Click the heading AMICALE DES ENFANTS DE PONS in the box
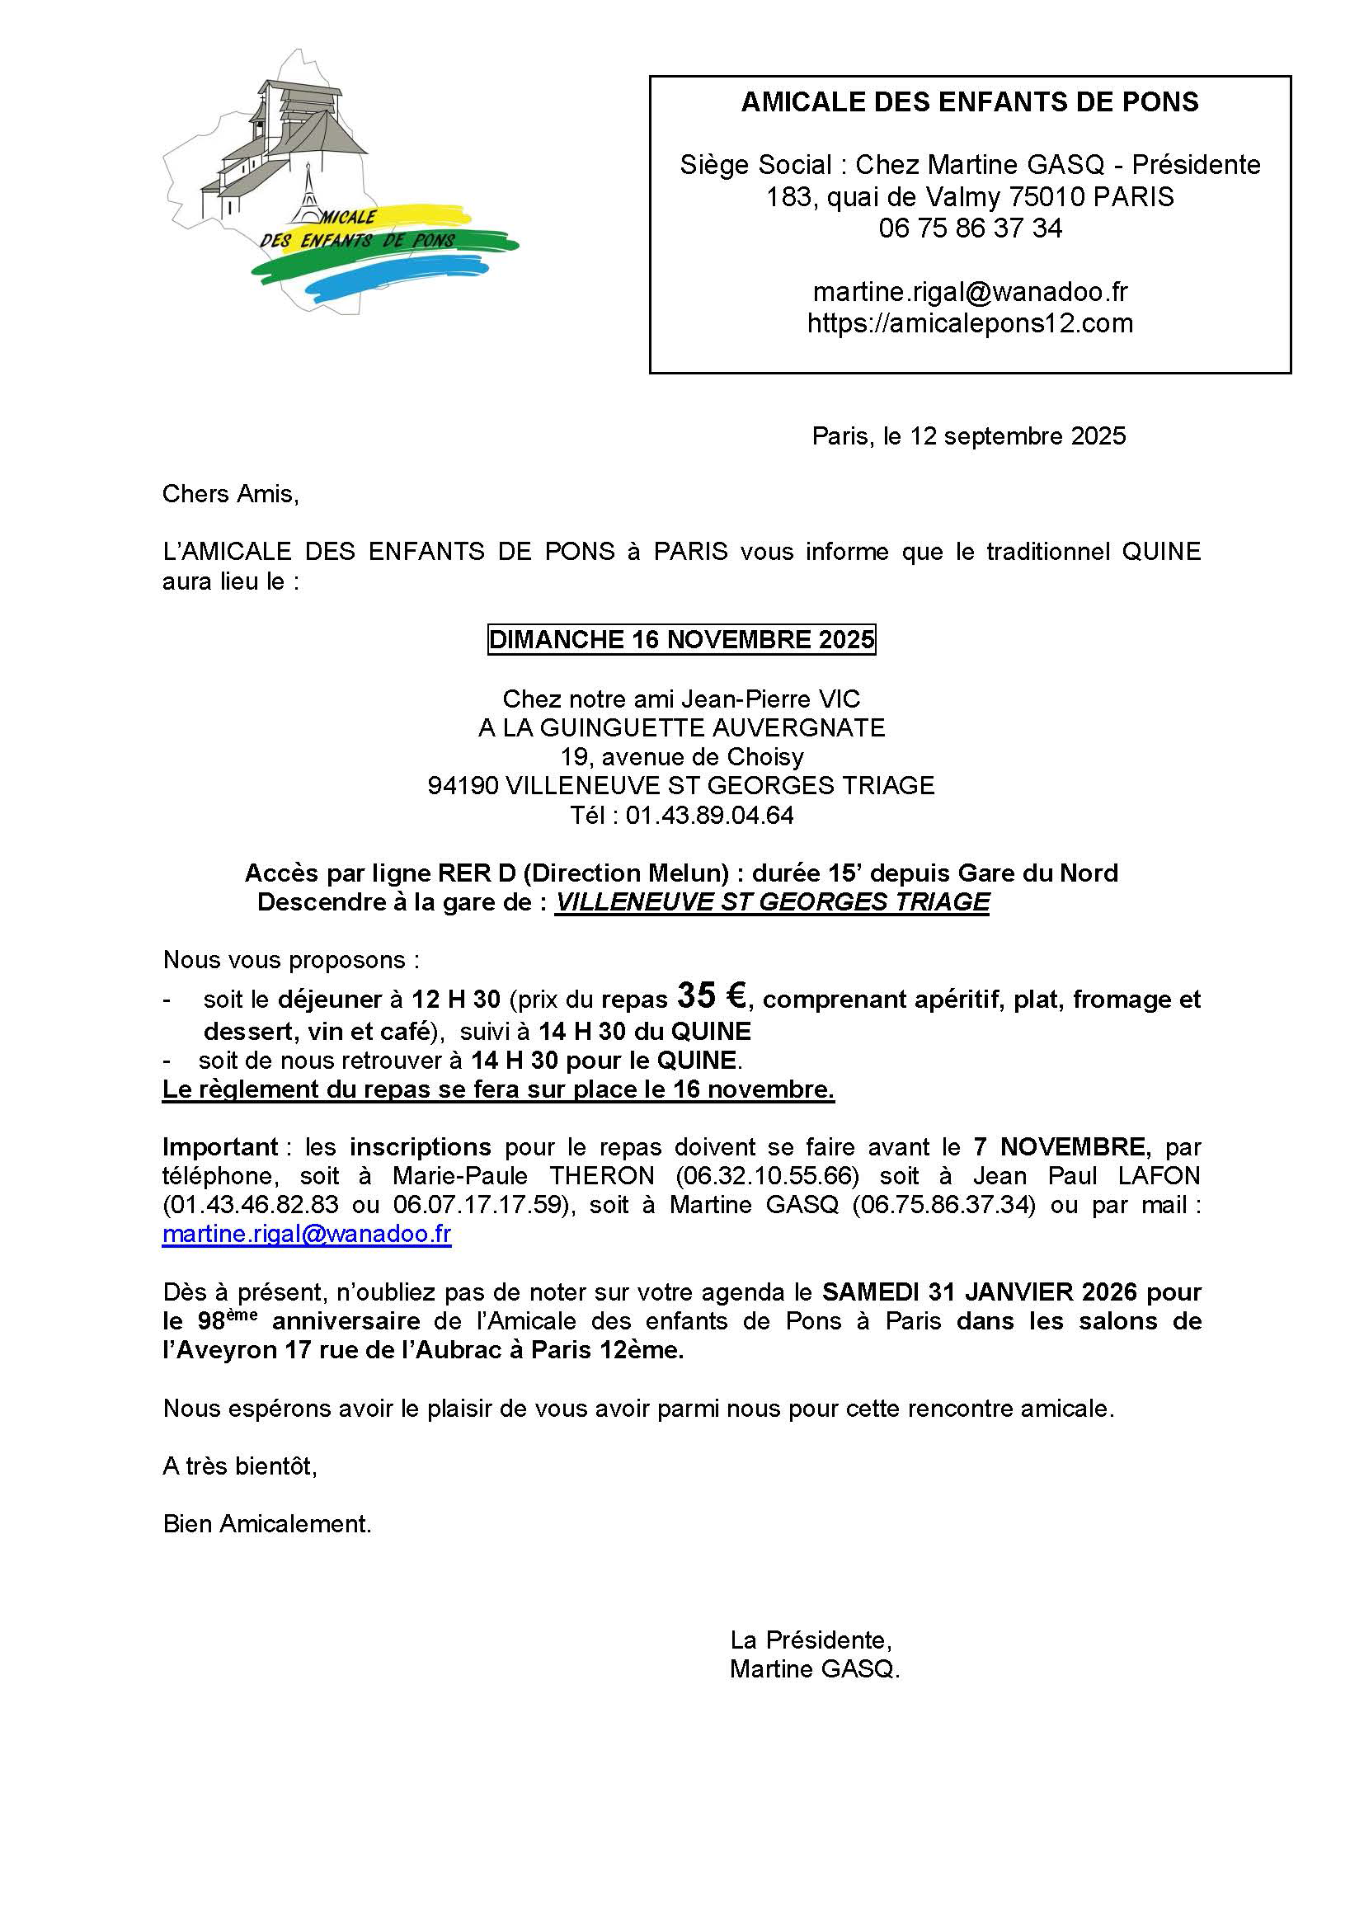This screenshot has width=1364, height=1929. point(969,102)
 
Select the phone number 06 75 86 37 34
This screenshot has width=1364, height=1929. point(970,228)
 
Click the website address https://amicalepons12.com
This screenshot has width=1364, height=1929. point(970,323)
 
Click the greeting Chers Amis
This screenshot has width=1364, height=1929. point(230,493)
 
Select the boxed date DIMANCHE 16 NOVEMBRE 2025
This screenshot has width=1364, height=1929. point(681,639)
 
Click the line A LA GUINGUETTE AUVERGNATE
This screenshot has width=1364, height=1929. point(681,727)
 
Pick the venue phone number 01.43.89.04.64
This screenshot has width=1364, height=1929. point(709,815)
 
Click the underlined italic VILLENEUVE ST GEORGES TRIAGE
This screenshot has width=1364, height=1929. point(772,902)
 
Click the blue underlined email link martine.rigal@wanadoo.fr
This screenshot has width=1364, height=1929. point(307,1235)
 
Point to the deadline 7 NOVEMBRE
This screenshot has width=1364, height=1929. point(1058,1147)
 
